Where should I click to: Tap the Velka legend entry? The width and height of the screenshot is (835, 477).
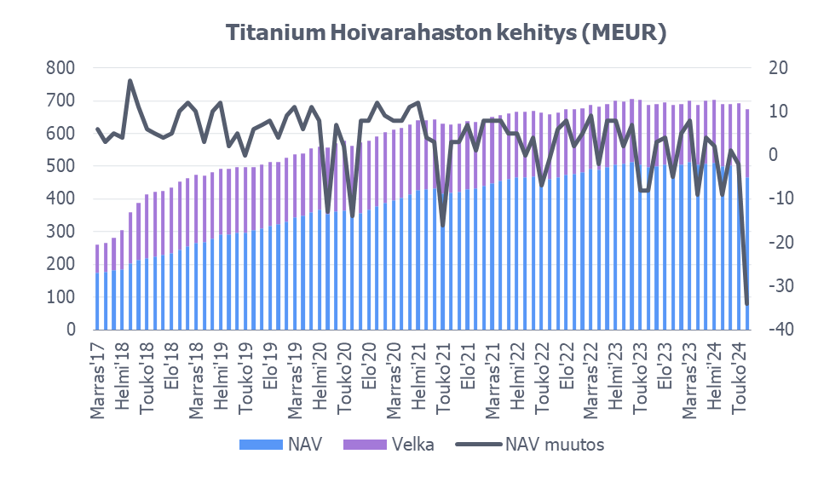tap(413, 444)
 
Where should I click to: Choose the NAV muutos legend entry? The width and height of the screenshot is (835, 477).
tap(555, 444)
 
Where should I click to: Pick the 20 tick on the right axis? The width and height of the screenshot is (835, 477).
tap(778, 68)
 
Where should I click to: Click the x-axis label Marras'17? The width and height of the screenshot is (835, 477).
tap(99, 379)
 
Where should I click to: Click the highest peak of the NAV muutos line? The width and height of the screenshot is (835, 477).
tap(130, 81)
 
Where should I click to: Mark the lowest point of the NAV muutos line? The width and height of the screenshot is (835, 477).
tap(747, 304)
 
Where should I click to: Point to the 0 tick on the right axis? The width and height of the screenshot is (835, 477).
tap(774, 155)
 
